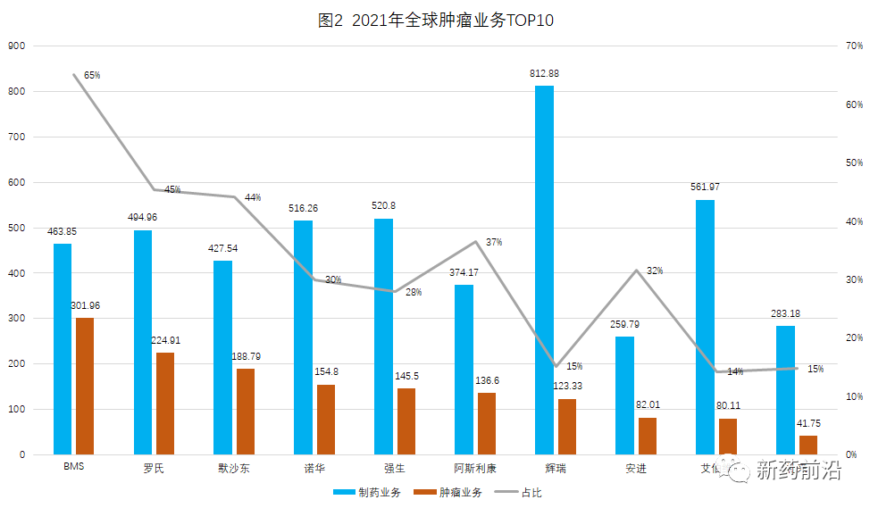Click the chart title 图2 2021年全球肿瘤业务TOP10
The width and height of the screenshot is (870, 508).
436,21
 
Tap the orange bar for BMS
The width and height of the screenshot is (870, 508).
85,386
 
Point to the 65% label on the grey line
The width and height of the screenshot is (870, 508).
92,76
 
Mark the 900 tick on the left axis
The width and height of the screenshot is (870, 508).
17,46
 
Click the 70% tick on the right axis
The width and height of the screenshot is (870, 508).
853,46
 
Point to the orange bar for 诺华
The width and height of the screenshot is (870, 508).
326,420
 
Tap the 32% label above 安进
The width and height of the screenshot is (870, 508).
655,271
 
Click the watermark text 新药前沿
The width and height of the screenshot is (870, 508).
799,471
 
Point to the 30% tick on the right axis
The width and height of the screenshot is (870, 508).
853,279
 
